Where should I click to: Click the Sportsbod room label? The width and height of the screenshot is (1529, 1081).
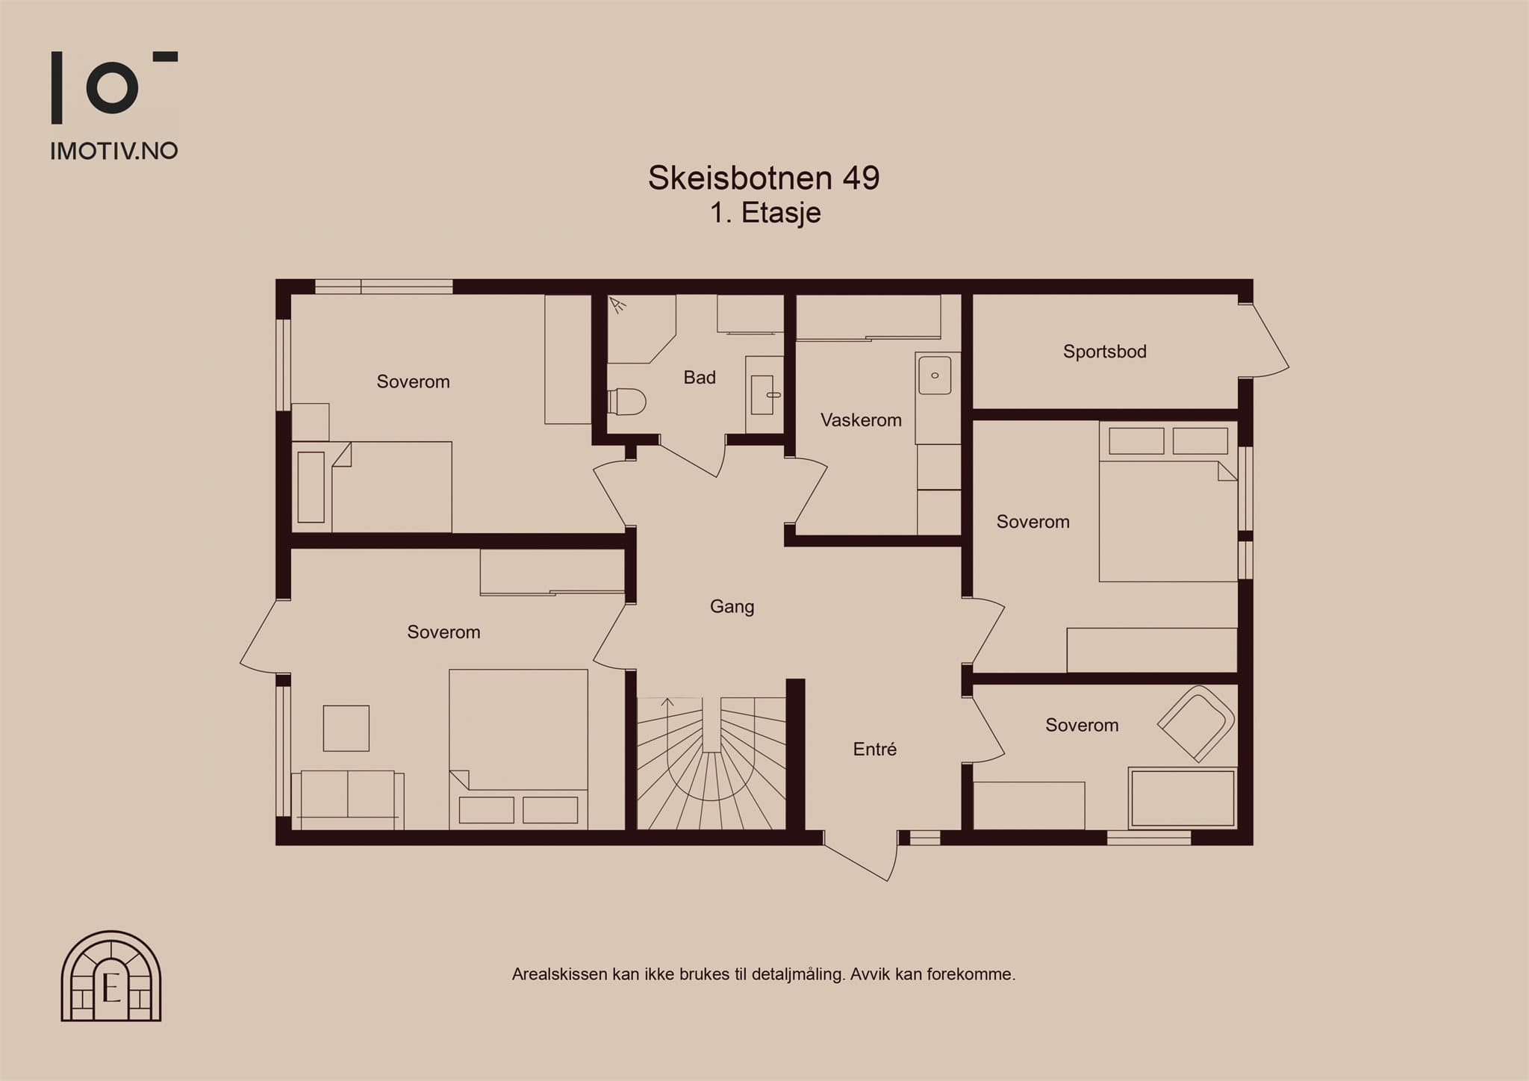[x=1104, y=352]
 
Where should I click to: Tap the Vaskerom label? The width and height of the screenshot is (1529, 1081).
[x=861, y=420]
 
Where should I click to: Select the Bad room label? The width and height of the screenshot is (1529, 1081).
[x=700, y=378]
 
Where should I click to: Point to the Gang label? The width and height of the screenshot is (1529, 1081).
[x=732, y=607]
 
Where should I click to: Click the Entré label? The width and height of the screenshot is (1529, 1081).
[x=874, y=749]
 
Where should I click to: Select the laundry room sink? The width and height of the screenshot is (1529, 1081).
[x=935, y=375]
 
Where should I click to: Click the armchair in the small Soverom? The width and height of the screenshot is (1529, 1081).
[x=1196, y=723]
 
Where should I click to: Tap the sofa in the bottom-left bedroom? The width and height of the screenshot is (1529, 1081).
[x=348, y=800]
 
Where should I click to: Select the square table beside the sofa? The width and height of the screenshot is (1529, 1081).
[x=346, y=729]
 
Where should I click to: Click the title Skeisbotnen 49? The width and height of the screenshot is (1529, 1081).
[x=764, y=178]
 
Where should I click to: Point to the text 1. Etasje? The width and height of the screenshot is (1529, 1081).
[x=765, y=213]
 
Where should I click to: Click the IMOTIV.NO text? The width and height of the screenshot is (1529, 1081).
[x=114, y=151]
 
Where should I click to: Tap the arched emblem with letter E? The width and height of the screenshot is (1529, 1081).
[x=111, y=976]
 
